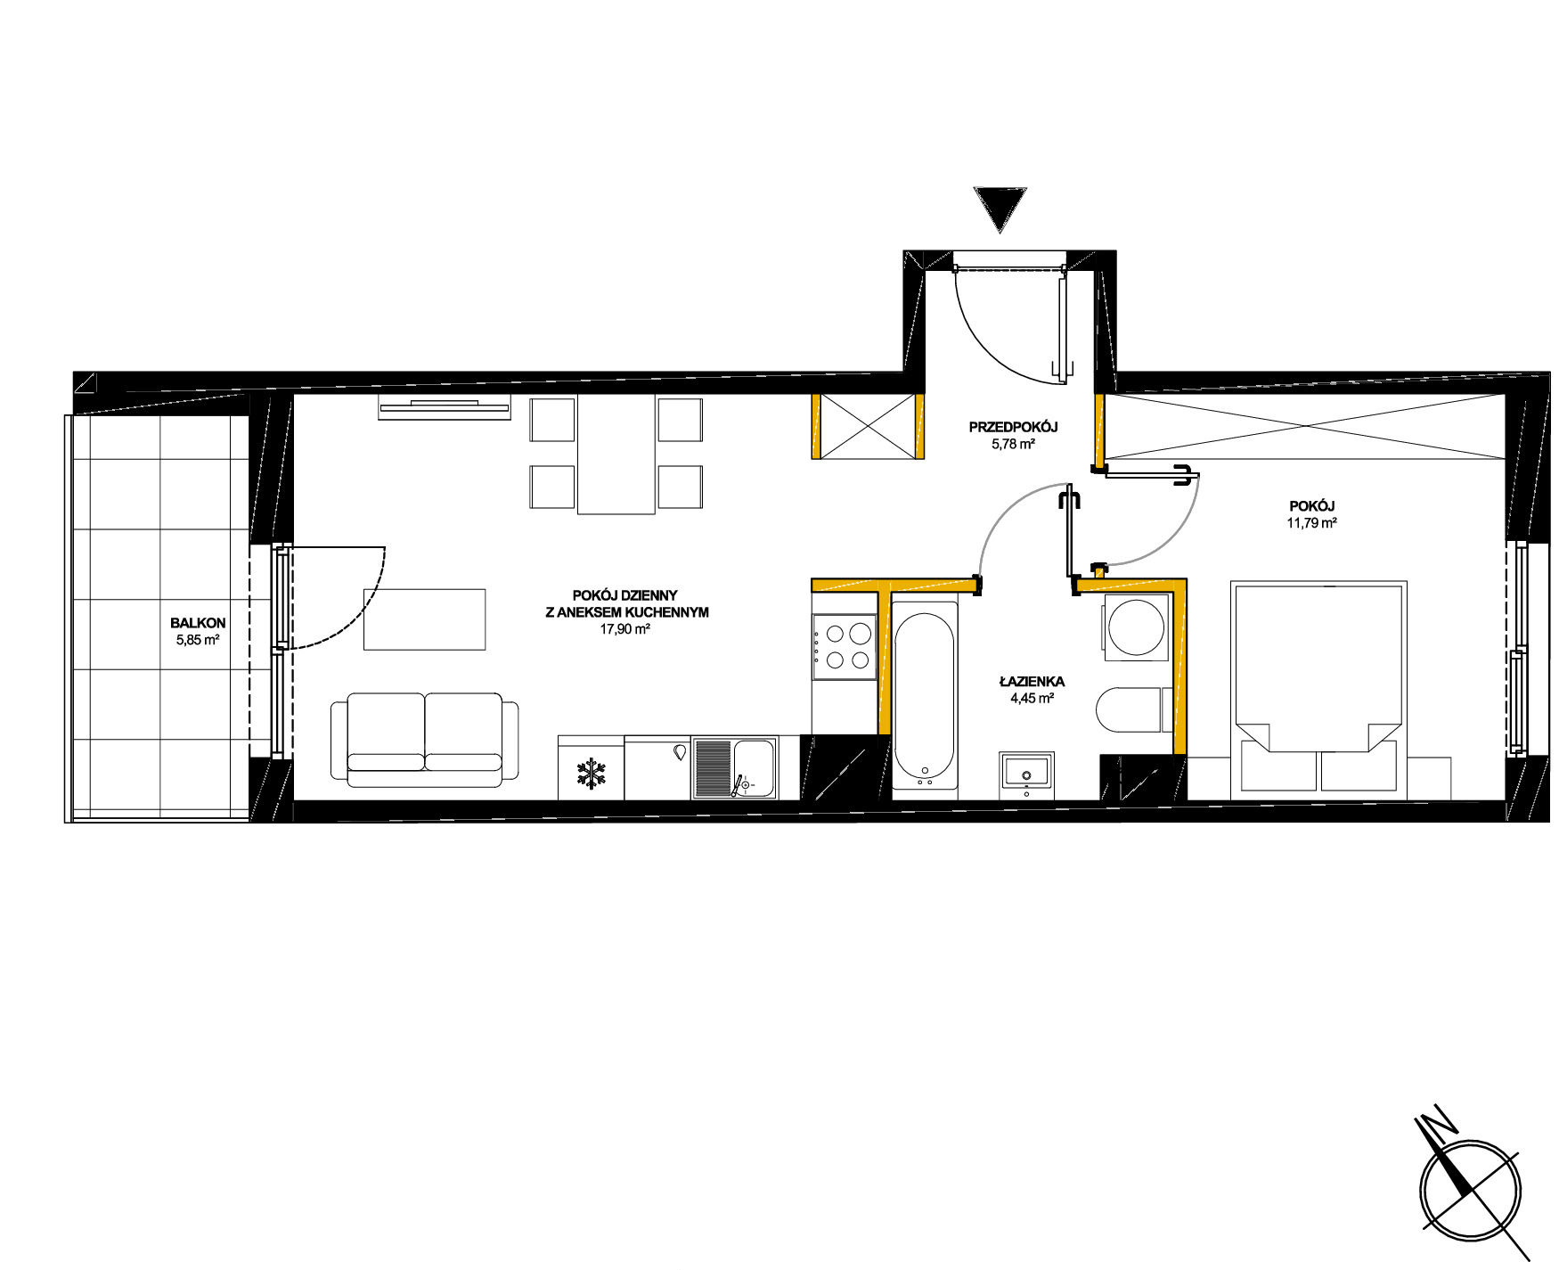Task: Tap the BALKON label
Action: (x=198, y=624)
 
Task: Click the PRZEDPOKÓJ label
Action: (x=1013, y=428)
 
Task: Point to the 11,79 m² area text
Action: (x=1311, y=523)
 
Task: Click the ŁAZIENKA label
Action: (x=1032, y=682)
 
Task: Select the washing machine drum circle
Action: (x=1135, y=628)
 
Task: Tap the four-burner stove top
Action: (x=843, y=647)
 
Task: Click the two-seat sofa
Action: (x=424, y=740)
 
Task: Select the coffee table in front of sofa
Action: (x=424, y=619)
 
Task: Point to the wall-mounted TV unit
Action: (x=445, y=406)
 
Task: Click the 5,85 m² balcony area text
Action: (x=198, y=639)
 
